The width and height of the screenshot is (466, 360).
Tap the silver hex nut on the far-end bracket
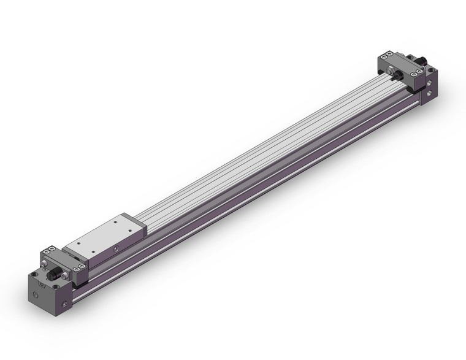pyautogui.click(x=391, y=71)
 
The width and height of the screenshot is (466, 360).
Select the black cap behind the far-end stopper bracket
pyautogui.click(x=422, y=62)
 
